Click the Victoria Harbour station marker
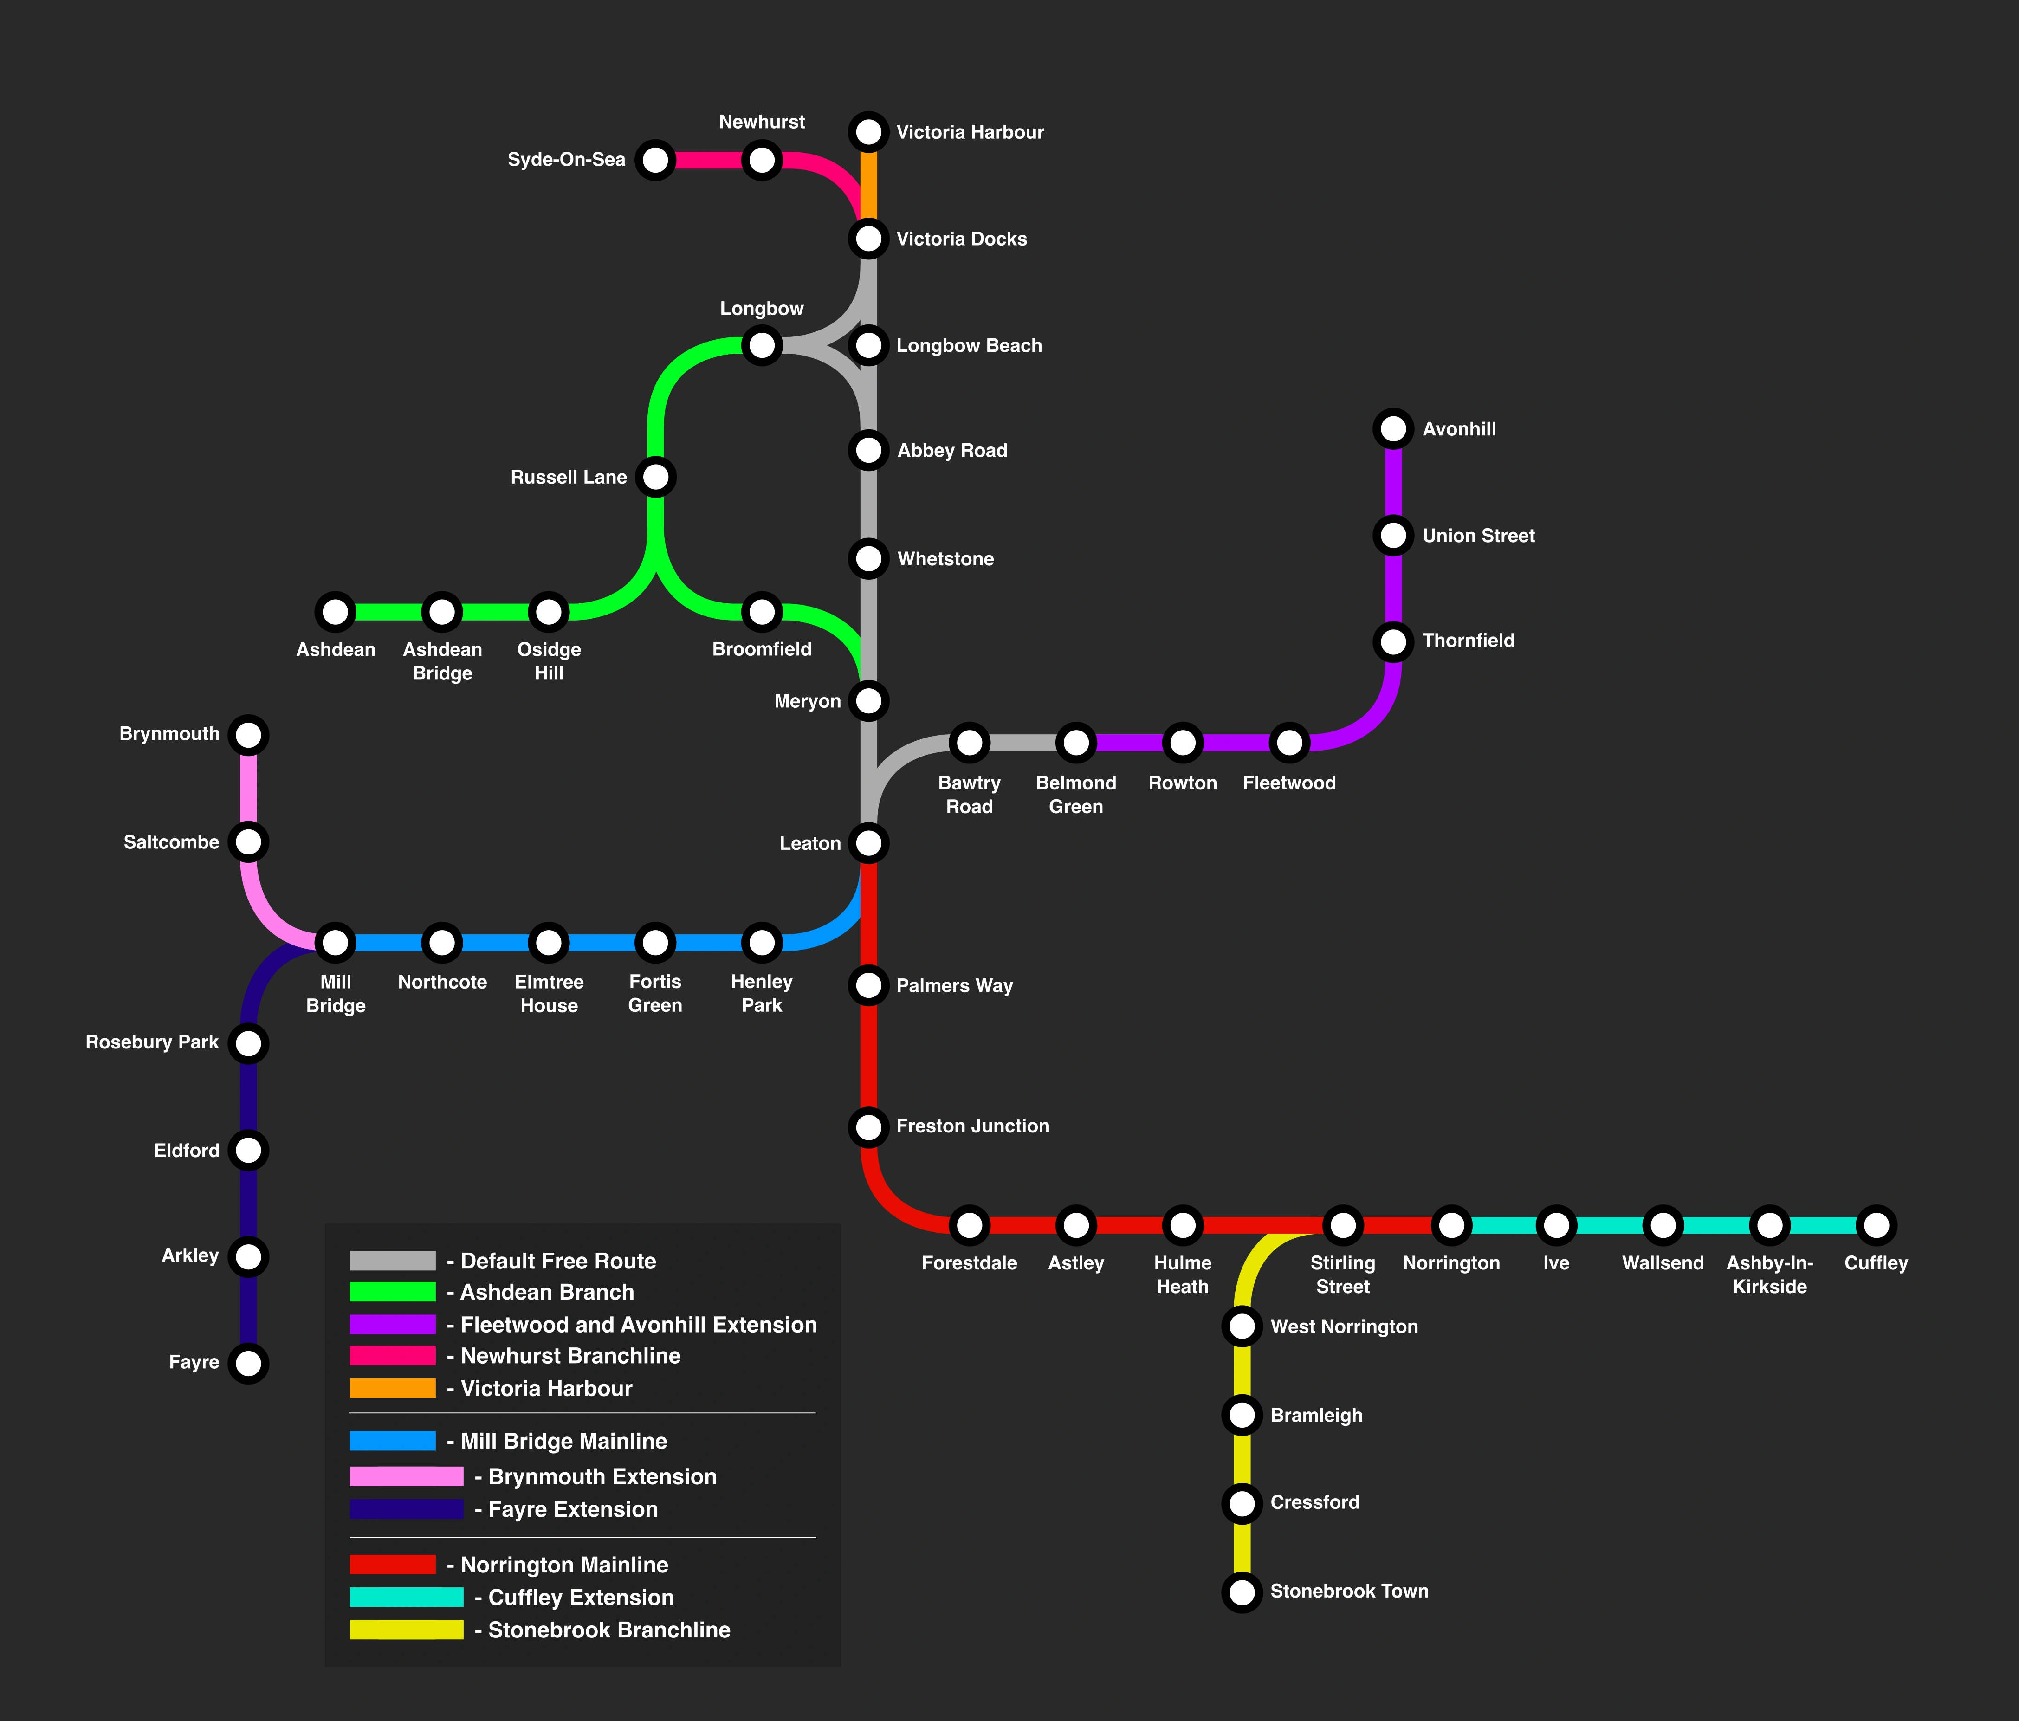(x=868, y=131)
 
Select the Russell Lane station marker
(x=656, y=477)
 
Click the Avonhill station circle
(x=1393, y=429)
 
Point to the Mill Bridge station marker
(x=335, y=942)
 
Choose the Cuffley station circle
(x=1876, y=1225)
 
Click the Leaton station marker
(x=868, y=843)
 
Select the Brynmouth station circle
(x=248, y=735)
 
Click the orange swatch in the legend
(x=393, y=1388)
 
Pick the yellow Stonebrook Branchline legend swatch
(x=406, y=1630)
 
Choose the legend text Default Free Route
(x=558, y=1261)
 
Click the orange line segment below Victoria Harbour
(x=868, y=185)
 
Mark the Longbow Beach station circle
(x=868, y=345)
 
